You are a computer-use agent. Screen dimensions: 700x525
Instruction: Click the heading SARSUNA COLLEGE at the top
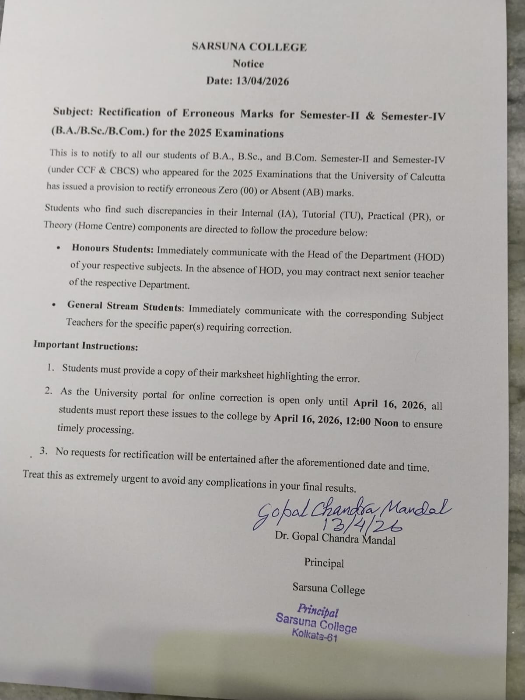(x=249, y=47)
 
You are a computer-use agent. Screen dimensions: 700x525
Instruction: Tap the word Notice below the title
(x=248, y=64)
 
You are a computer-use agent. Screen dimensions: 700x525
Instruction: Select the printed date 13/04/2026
(x=262, y=81)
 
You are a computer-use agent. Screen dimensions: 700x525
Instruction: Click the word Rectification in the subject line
(x=129, y=112)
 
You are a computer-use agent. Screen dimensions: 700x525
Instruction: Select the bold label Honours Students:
(x=112, y=249)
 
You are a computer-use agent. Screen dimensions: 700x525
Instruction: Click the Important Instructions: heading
(x=86, y=346)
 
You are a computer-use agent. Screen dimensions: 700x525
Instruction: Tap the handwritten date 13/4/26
(x=361, y=523)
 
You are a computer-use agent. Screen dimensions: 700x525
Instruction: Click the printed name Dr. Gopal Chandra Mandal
(x=335, y=539)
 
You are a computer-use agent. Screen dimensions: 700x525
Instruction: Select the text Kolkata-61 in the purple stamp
(x=315, y=635)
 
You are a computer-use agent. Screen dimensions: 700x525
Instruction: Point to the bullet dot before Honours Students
(x=58, y=248)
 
